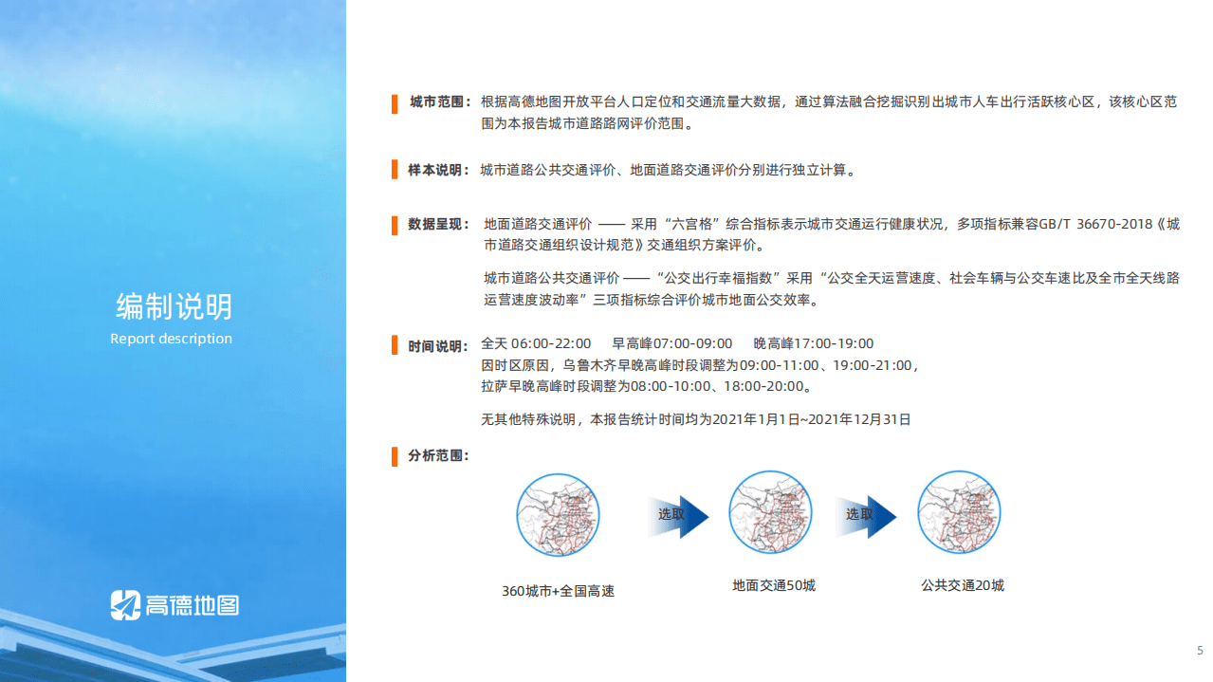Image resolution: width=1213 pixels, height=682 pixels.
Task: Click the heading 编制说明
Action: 174,307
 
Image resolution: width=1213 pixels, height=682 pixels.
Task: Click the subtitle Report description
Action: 171,339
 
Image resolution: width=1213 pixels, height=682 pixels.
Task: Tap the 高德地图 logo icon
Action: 125,605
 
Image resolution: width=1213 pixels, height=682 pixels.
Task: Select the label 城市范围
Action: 439,102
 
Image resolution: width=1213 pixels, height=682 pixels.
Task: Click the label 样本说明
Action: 438,171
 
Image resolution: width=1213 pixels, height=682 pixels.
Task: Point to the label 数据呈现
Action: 438,225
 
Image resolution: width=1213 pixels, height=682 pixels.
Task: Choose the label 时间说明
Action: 438,346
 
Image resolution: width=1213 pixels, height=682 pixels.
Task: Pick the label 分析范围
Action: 438,456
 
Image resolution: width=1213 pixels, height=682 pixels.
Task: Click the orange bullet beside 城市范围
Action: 395,103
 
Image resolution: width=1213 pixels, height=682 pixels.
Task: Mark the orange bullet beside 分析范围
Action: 395,457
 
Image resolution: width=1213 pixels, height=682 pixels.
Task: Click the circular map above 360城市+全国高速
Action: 558,516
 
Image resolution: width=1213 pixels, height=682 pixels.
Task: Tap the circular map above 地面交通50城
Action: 770,513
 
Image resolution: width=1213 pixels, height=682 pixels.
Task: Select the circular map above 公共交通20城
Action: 959,513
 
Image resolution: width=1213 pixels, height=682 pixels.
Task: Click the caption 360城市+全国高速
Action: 558,591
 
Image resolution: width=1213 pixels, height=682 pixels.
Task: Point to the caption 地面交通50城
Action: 773,586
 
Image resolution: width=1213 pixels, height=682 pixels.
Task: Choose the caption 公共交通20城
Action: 962,586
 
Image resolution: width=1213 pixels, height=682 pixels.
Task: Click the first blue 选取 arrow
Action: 678,515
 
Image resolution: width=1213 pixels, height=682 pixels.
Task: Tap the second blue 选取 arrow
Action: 866,515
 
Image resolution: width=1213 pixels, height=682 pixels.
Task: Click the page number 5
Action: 1200,651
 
